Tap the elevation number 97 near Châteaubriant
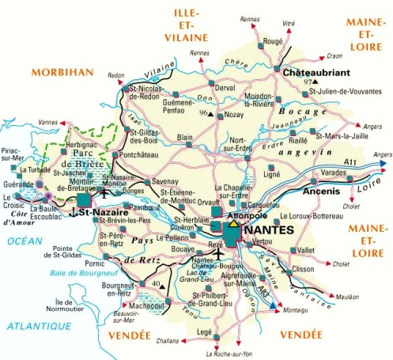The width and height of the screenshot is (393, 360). pyautogui.click(x=308, y=82)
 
